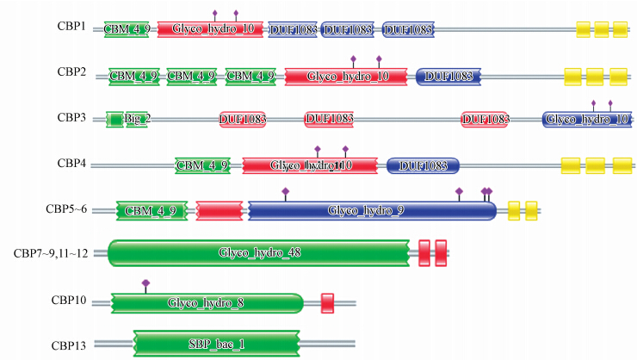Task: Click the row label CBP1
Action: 71,27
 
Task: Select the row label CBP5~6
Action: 65,208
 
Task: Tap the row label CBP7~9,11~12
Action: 54,253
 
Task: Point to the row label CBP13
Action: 68,345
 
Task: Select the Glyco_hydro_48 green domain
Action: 259,252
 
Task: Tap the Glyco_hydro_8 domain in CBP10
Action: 207,302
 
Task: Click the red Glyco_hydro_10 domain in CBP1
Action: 212,29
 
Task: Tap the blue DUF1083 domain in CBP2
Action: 448,76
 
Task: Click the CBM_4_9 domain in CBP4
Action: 202,164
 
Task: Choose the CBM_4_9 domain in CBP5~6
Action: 151,210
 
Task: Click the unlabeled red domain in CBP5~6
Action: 220,210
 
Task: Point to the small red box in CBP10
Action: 327,302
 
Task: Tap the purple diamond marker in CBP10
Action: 146,282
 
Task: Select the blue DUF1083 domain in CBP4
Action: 423,164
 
